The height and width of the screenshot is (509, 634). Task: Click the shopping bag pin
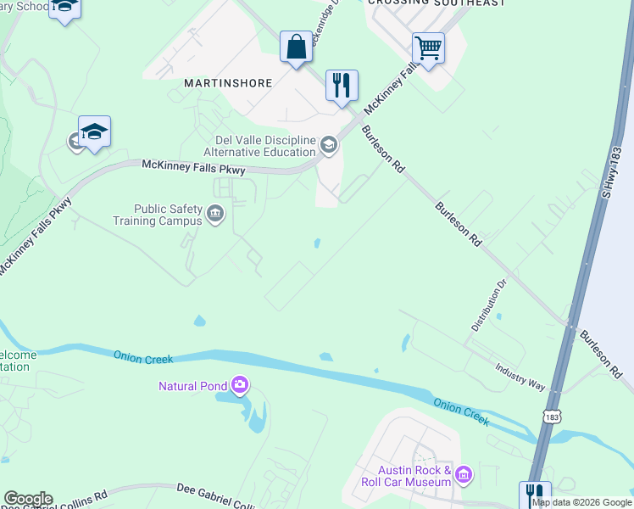pyautogui.click(x=297, y=47)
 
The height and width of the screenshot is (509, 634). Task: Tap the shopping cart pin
pyautogui.click(x=428, y=48)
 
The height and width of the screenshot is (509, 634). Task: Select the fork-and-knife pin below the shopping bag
pyautogui.click(x=342, y=86)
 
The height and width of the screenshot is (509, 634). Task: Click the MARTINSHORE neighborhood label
pyautogui.click(x=228, y=83)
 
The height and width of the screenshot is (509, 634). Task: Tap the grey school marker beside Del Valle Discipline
pyautogui.click(x=329, y=146)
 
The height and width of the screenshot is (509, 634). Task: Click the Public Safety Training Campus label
pyautogui.click(x=158, y=215)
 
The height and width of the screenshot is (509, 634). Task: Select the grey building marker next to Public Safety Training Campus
pyautogui.click(x=215, y=214)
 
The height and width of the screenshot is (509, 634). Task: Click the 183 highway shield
pyautogui.click(x=552, y=417)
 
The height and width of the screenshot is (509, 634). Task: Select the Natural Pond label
pyautogui.click(x=193, y=386)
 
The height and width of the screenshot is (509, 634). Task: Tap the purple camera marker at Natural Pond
pyautogui.click(x=240, y=386)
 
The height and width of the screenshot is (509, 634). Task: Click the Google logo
pyautogui.click(x=27, y=499)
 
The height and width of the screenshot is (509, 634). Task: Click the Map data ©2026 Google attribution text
pyautogui.click(x=581, y=502)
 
